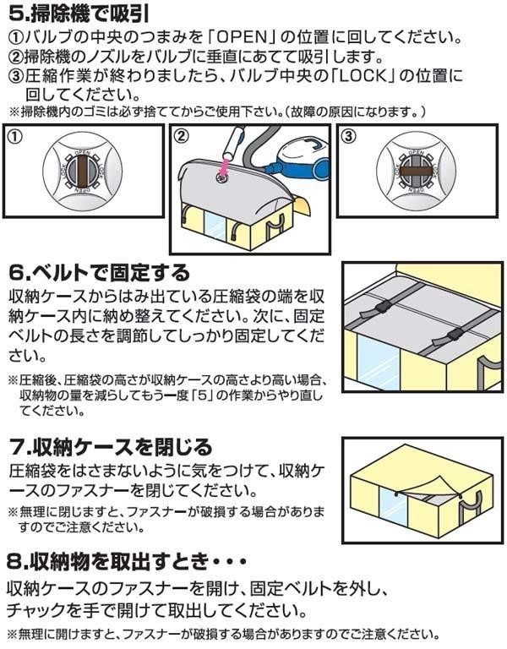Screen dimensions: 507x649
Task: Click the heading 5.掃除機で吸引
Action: pyautogui.click(x=79, y=14)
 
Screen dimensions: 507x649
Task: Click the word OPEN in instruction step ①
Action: pyautogui.click(x=241, y=38)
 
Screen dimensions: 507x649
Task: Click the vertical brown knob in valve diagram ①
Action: pyautogui.click(x=83, y=171)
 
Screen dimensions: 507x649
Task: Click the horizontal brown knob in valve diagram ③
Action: pyautogui.click(x=417, y=171)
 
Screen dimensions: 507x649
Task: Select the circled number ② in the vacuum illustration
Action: pyautogui.click(x=182, y=135)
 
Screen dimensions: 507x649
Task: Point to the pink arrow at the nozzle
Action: pyautogui.click(x=224, y=166)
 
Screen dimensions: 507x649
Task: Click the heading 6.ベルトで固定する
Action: pyautogui.click(x=100, y=273)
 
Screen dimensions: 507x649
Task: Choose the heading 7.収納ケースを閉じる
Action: pyautogui.click(x=111, y=447)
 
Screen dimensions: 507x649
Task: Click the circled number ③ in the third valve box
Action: pyautogui.click(x=350, y=135)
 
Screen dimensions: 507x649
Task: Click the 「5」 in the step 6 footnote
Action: pyautogui.click(x=202, y=395)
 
